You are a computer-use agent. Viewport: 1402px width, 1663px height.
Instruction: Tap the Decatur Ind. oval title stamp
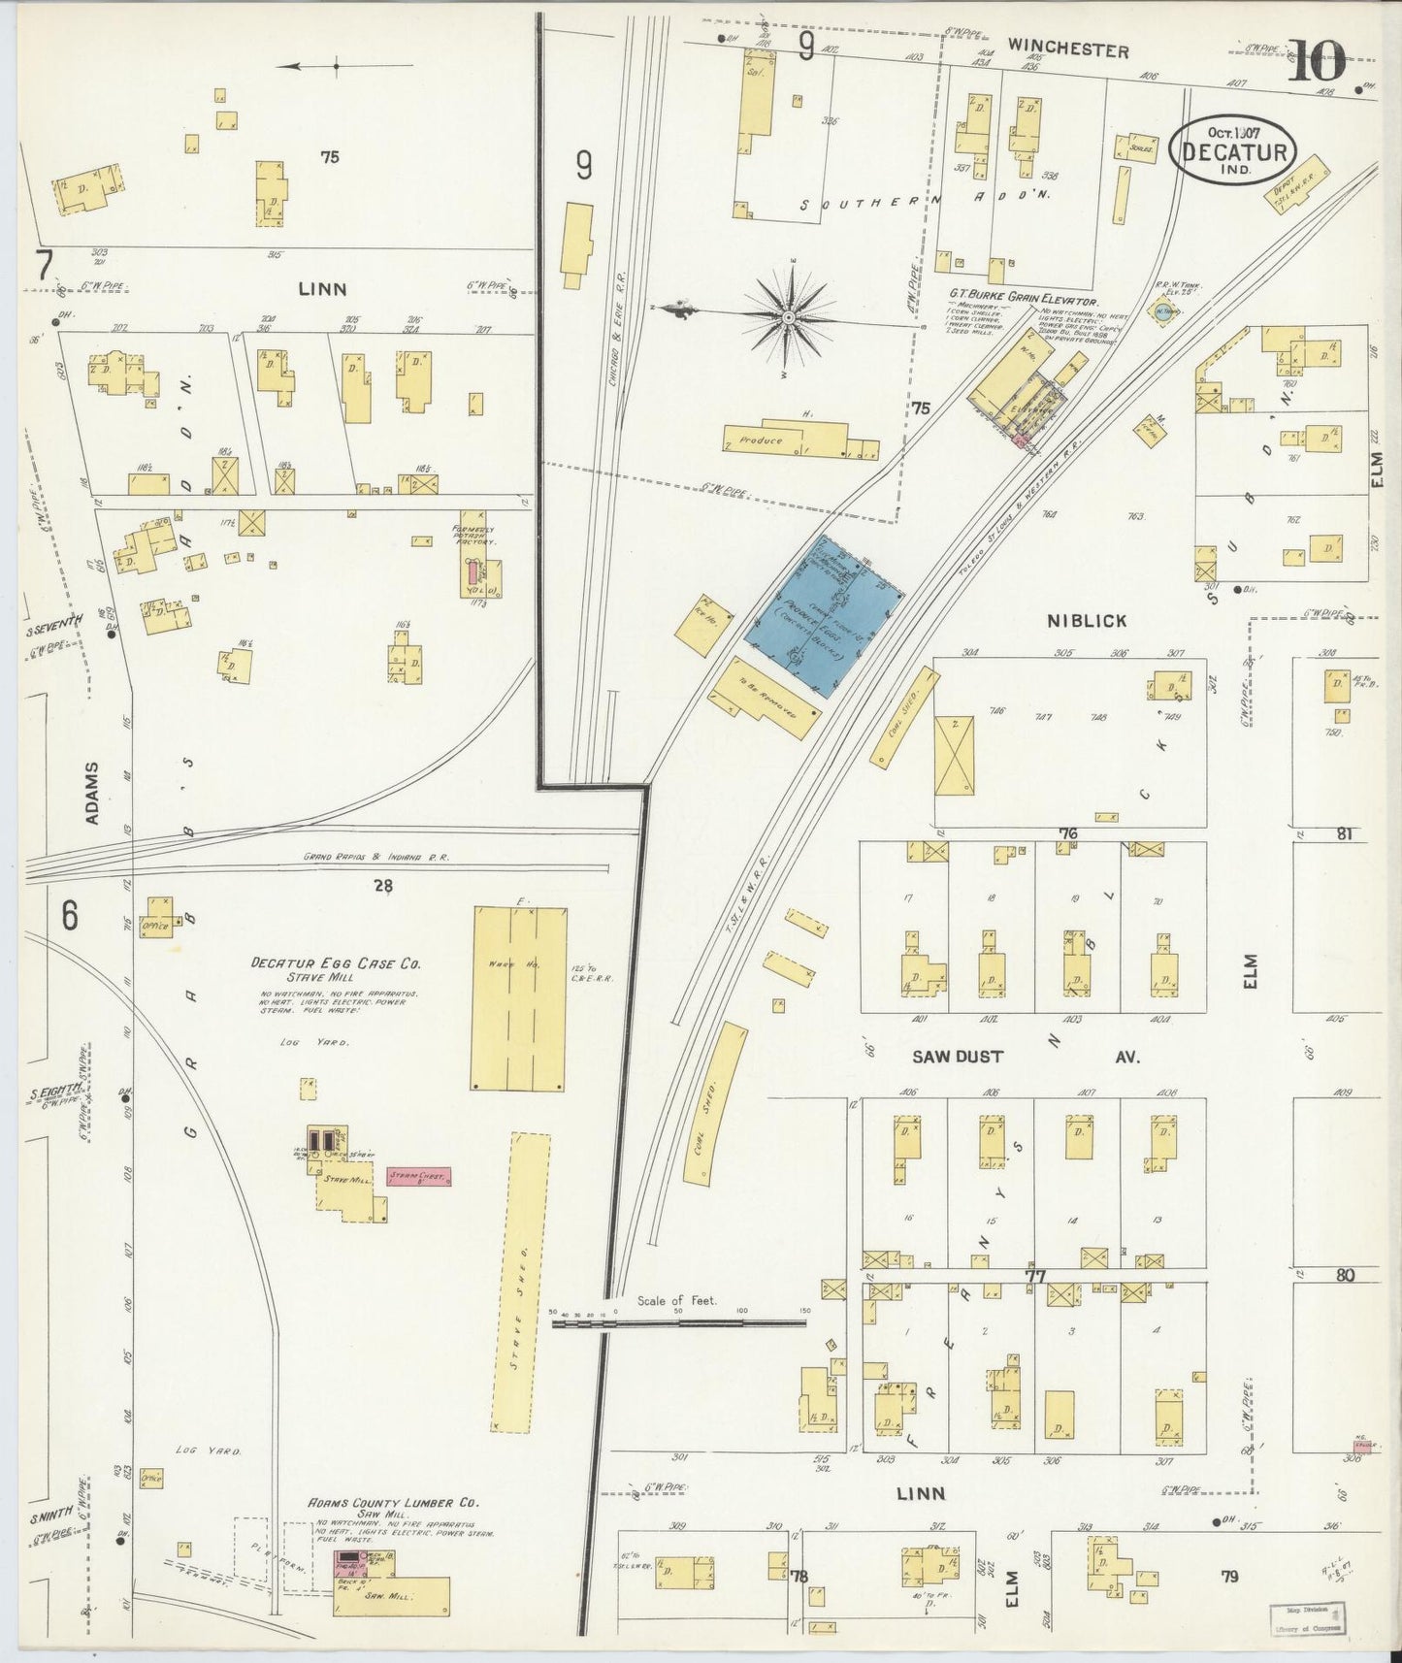[1234, 151]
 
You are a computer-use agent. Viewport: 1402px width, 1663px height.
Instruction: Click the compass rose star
[790, 316]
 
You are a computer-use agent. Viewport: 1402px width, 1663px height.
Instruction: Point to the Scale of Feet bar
[679, 1321]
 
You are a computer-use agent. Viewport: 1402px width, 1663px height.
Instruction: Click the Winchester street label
[1067, 49]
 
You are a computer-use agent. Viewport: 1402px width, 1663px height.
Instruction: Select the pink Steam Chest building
[418, 1176]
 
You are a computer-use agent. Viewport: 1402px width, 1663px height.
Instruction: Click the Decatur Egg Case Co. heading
[335, 963]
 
